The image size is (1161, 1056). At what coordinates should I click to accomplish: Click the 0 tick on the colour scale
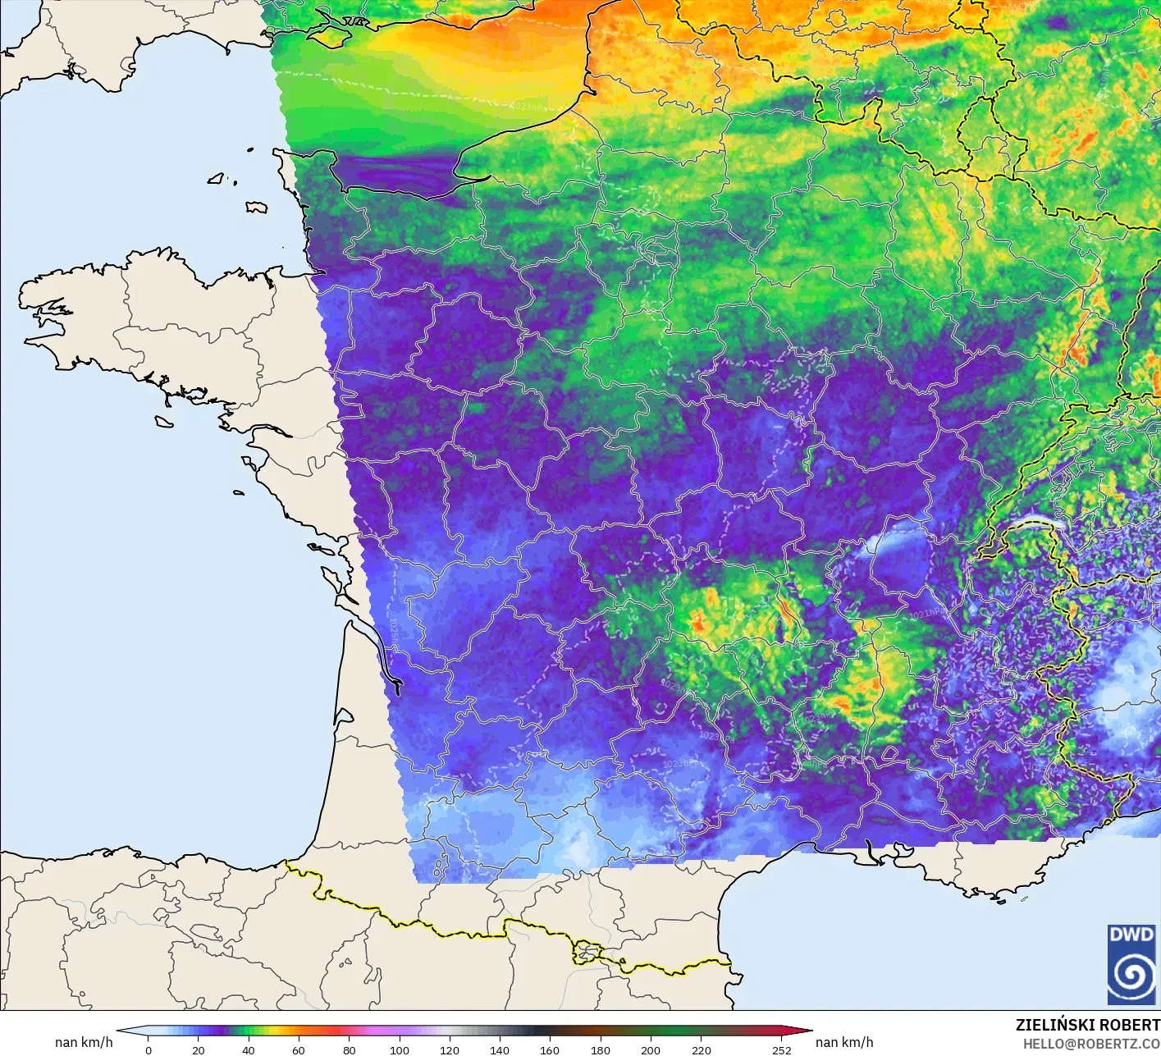[x=149, y=1049]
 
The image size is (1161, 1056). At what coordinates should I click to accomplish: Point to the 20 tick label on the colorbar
[x=199, y=1049]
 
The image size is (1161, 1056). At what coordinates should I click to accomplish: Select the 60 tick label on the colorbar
[x=299, y=1049]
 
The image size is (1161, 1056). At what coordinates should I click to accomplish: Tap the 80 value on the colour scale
[x=350, y=1049]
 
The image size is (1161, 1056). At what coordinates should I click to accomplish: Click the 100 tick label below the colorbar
[x=400, y=1049]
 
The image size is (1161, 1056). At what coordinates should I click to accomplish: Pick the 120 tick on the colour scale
[x=450, y=1049]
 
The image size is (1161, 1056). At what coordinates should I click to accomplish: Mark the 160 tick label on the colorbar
[x=550, y=1049]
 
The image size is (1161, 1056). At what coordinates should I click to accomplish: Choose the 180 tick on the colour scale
[x=601, y=1049]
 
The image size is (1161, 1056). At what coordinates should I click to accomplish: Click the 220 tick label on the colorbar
[x=701, y=1049]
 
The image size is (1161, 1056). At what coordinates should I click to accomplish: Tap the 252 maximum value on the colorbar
[x=781, y=1049]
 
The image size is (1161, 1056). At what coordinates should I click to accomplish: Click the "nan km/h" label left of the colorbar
[x=84, y=1042]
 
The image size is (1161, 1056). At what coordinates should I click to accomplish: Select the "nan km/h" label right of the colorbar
[x=844, y=1042]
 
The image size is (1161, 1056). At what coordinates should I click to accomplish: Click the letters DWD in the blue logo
[x=1131, y=935]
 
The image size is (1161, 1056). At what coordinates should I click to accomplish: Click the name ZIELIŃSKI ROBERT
[x=1087, y=1025]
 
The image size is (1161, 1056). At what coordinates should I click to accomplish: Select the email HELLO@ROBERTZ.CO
[x=1091, y=1044]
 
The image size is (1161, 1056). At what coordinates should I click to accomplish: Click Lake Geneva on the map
[x=1035, y=523]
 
